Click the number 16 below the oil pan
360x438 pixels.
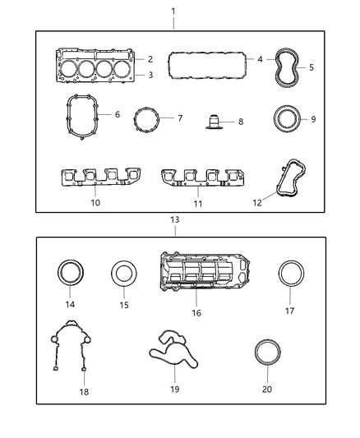point(196,312)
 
